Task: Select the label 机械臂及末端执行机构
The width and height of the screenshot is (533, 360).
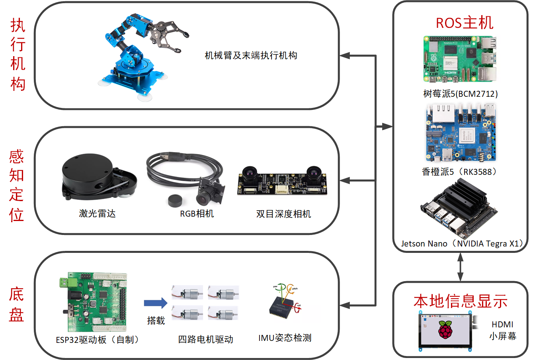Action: [251, 55]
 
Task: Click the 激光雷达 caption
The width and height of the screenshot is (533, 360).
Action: [97, 213]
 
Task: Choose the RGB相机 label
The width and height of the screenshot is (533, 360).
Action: [197, 214]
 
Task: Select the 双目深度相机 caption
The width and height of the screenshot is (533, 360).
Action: [283, 214]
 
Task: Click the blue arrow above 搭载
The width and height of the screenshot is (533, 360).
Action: [156, 303]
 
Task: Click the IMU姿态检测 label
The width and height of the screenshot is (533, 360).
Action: [285, 338]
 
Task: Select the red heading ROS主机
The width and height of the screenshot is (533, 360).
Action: [465, 23]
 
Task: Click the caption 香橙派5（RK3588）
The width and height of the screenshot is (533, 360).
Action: [460, 172]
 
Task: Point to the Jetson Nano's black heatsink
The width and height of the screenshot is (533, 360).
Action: [466, 195]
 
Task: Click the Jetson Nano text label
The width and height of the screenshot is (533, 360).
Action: [462, 244]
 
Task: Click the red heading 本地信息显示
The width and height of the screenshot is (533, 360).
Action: [461, 301]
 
